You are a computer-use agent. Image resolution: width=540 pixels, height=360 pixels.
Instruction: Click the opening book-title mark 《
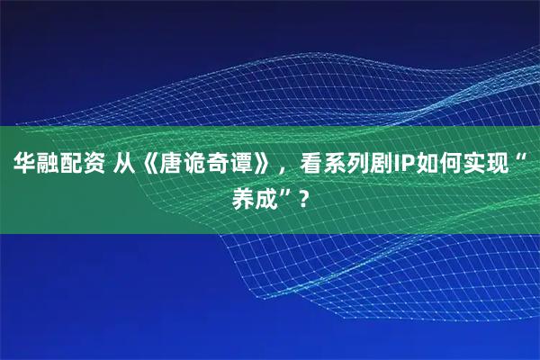click(148, 165)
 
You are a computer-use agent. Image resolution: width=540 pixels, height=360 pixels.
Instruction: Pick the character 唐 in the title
click(170, 165)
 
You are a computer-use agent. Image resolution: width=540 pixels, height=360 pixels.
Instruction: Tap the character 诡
click(193, 165)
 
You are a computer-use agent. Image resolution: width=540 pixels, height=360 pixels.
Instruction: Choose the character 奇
click(217, 165)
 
